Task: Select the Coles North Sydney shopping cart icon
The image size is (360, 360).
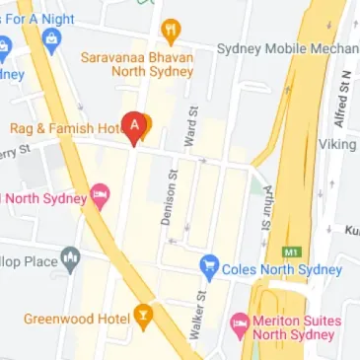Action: click(x=208, y=265)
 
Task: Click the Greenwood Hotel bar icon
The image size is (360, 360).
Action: click(x=144, y=317)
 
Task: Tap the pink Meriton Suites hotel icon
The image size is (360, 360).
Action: click(x=239, y=324)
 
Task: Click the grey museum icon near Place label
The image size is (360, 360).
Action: click(x=69, y=259)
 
